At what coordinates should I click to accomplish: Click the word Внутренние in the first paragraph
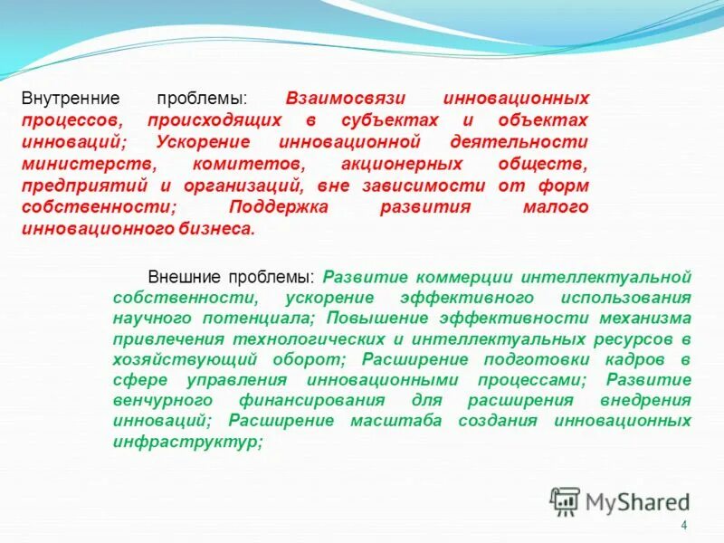pos(61,98)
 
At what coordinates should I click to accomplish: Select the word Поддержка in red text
pos(274,207)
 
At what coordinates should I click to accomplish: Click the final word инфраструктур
pos(186,443)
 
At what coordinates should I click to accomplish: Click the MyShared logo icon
pos(565,500)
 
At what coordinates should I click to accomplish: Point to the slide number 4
pos(683,527)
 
